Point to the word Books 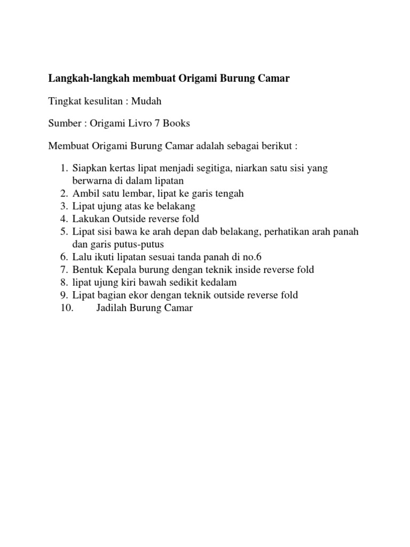(x=176, y=123)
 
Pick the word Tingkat (x=64, y=101)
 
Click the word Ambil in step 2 (x=84, y=193)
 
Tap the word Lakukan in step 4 (x=89, y=218)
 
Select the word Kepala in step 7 (x=119, y=269)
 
